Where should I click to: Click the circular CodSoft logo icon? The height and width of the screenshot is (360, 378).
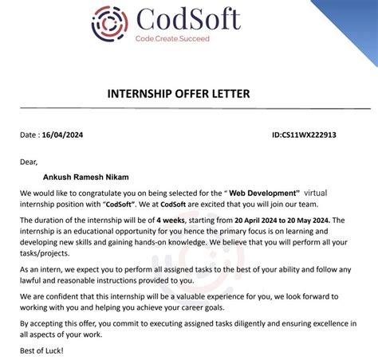coord(109,24)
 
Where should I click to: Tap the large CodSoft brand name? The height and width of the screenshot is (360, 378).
coord(187,18)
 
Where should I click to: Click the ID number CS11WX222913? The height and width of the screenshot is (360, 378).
coord(305,135)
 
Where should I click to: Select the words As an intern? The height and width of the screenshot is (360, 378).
coord(44,269)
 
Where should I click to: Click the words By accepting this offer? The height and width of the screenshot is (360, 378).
coord(65,324)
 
